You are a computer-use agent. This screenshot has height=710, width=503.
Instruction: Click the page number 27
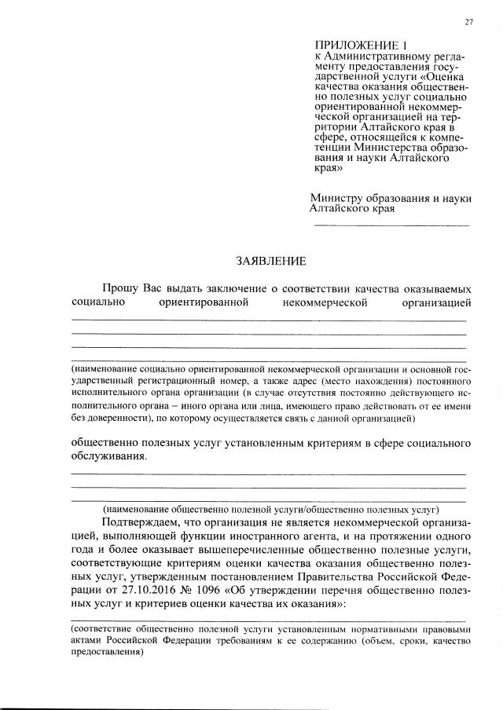[468, 21]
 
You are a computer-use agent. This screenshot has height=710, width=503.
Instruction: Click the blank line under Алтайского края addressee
[391, 226]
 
